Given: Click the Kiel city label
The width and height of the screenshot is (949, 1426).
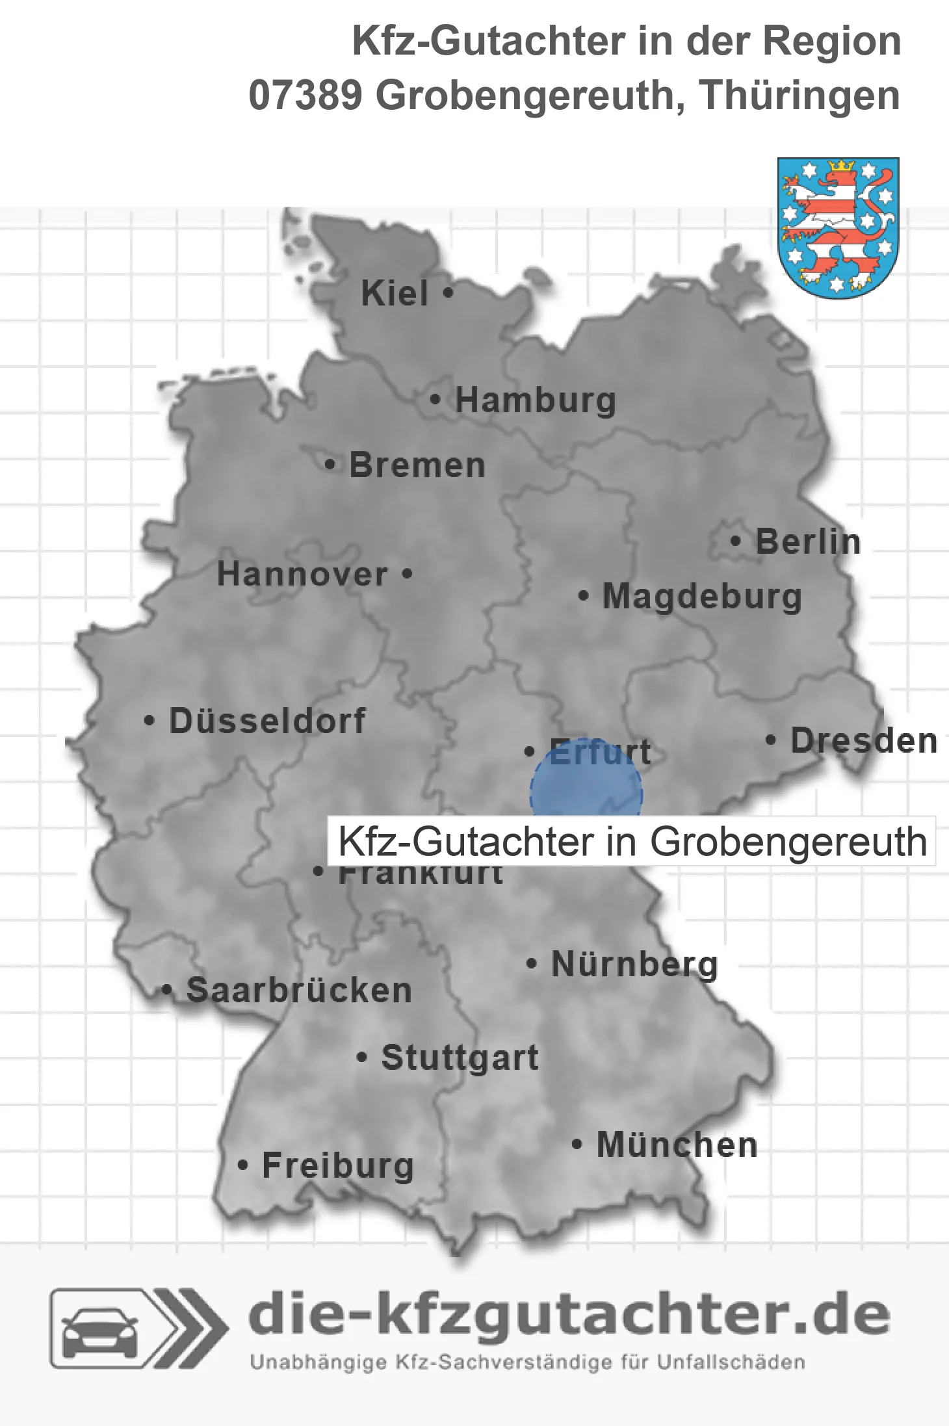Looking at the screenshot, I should click(395, 294).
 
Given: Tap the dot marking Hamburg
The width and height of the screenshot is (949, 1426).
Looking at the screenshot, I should click(435, 400).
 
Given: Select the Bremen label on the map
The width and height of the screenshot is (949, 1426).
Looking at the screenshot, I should click(417, 465).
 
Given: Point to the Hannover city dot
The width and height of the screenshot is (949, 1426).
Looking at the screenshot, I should click(408, 574).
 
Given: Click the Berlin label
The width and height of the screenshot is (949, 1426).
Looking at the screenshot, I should click(808, 542).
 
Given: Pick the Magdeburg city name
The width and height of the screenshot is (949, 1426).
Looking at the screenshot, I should click(702, 597).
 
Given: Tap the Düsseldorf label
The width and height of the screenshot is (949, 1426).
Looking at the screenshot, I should click(267, 721).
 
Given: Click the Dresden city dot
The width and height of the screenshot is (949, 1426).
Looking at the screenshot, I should click(771, 740).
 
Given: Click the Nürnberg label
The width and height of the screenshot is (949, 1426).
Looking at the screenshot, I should click(634, 964).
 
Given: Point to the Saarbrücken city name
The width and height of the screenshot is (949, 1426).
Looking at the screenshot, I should click(299, 991).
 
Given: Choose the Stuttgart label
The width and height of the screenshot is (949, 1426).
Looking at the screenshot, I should click(460, 1057).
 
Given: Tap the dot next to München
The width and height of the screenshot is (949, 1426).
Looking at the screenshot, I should click(577, 1145).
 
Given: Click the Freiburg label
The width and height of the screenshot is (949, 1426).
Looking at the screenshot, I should click(338, 1165).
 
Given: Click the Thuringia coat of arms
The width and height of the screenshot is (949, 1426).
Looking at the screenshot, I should click(838, 227).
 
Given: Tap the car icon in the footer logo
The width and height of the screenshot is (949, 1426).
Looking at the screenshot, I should click(99, 1330).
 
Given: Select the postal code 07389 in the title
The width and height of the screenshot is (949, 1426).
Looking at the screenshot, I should click(305, 96).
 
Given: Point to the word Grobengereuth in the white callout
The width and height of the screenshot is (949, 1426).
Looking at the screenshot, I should click(788, 842).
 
